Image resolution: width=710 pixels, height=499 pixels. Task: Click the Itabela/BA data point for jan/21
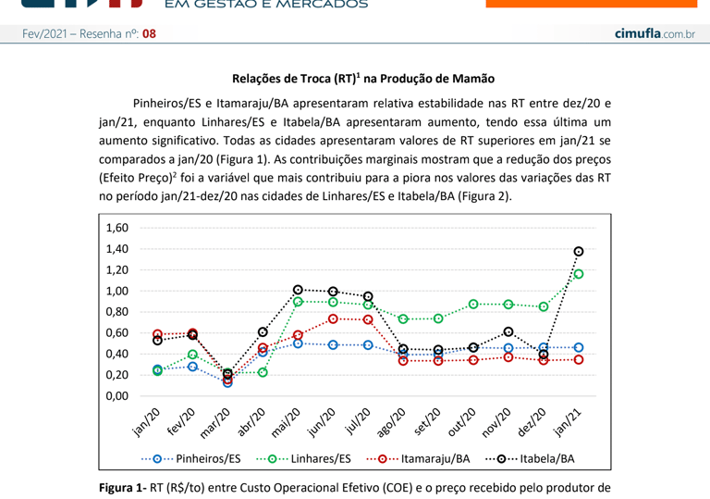(579, 251)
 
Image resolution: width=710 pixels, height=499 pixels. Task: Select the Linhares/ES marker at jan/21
(579, 274)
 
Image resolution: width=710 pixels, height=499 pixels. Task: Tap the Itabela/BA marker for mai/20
(298, 290)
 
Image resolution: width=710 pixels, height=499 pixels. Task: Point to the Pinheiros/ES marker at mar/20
(227, 381)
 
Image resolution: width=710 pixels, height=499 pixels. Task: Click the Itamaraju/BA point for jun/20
(333, 318)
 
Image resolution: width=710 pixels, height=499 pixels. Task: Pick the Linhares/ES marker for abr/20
(263, 372)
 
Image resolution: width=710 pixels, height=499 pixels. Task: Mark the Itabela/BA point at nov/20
(508, 331)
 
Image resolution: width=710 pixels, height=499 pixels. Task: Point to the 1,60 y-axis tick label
(116, 228)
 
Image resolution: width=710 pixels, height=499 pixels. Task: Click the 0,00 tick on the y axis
(116, 396)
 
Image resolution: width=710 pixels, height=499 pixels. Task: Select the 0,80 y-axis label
(116, 312)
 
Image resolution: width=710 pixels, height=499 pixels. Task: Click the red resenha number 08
(149, 33)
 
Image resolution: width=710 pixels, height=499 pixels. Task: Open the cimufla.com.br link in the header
(655, 33)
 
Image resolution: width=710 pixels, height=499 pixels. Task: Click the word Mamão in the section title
(473, 80)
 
